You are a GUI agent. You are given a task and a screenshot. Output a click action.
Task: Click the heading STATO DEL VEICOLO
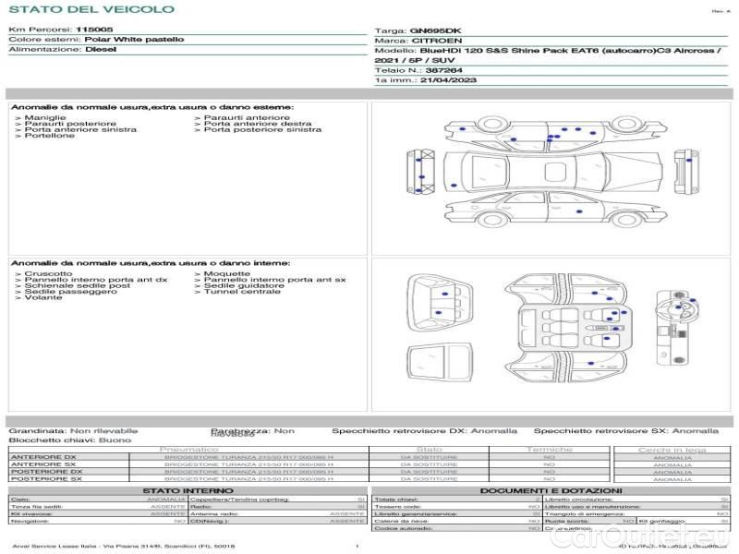91,10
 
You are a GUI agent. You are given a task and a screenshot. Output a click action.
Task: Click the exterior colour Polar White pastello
134,40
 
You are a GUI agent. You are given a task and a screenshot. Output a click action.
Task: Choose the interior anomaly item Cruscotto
48,274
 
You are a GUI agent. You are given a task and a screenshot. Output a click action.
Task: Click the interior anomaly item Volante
43,298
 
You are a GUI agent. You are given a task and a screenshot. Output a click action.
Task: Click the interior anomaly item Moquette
226,274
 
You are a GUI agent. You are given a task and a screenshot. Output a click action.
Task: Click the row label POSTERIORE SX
45,479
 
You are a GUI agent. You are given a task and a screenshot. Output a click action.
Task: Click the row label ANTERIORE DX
43,457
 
